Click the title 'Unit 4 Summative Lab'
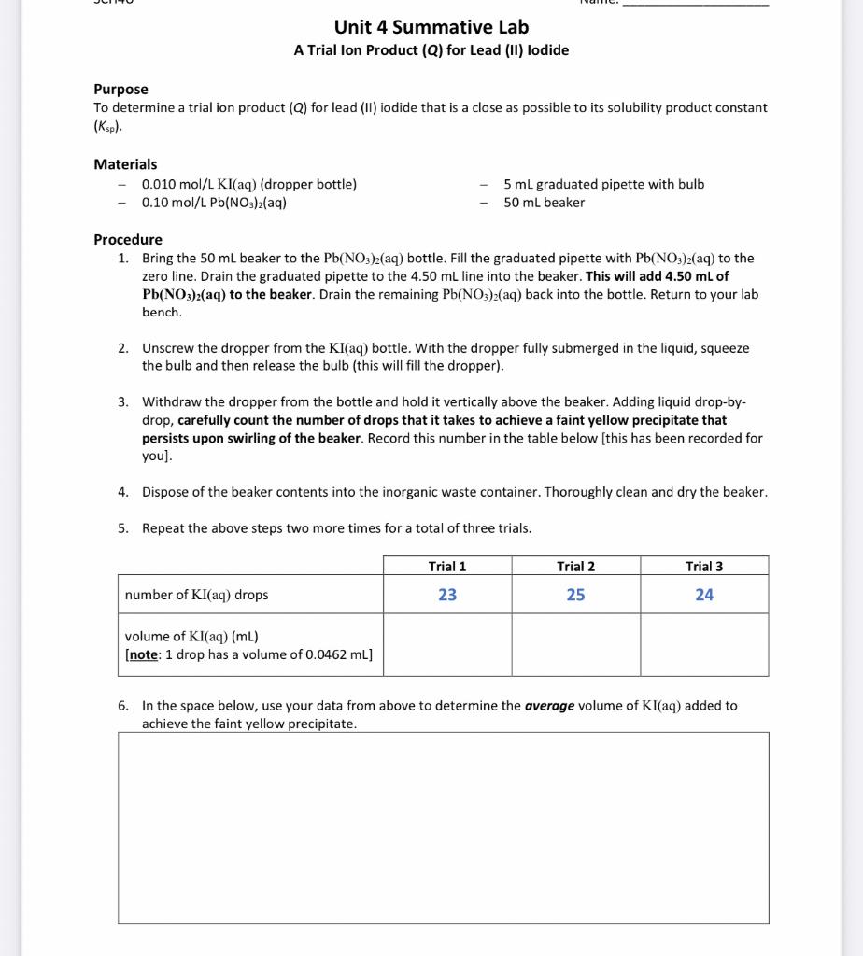431,27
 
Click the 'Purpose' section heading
120,89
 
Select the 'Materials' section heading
125,164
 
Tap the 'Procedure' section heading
128,239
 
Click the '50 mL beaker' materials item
544,203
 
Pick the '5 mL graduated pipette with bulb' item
603,184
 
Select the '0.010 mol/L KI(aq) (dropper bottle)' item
248,184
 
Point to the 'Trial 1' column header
447,567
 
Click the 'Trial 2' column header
575,567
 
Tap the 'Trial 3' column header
704,567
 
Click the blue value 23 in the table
447,595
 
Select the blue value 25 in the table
575,595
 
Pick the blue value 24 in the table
704,595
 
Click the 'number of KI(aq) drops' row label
196,595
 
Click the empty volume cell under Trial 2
575,644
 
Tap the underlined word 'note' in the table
143,654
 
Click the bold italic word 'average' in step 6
548,706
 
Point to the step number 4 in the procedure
123,492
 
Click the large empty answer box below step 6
443,827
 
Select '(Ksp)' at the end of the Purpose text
108,126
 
